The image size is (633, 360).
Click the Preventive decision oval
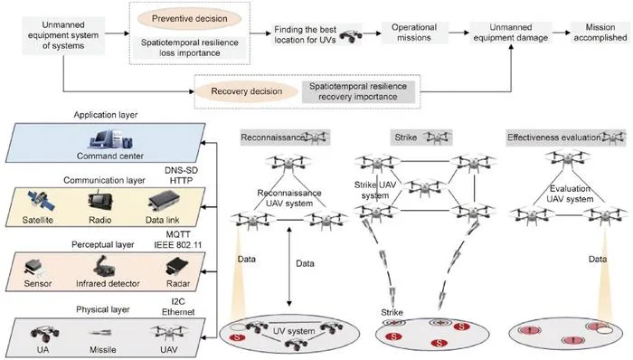(x=189, y=19)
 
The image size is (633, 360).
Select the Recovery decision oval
(x=246, y=91)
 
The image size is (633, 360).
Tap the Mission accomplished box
(x=600, y=33)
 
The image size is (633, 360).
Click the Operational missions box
(x=414, y=33)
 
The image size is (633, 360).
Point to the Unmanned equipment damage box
(x=511, y=33)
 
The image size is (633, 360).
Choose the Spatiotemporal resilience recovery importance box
(x=358, y=91)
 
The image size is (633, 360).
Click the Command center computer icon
(x=111, y=139)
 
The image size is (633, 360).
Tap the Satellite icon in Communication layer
(x=41, y=202)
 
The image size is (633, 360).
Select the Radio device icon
(x=100, y=202)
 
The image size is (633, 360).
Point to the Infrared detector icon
(x=104, y=266)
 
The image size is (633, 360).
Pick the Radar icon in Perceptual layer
(x=177, y=267)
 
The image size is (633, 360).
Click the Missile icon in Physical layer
(x=101, y=333)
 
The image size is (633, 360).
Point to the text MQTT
(x=178, y=234)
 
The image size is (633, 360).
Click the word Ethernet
(x=178, y=312)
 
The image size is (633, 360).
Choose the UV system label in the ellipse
(x=294, y=331)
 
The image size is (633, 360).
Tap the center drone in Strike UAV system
(x=425, y=187)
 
